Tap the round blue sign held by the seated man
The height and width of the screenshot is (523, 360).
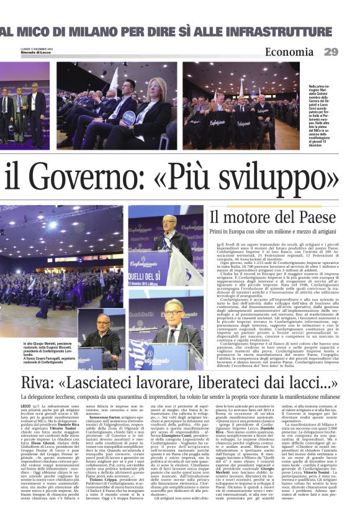[x=128, y=116]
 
